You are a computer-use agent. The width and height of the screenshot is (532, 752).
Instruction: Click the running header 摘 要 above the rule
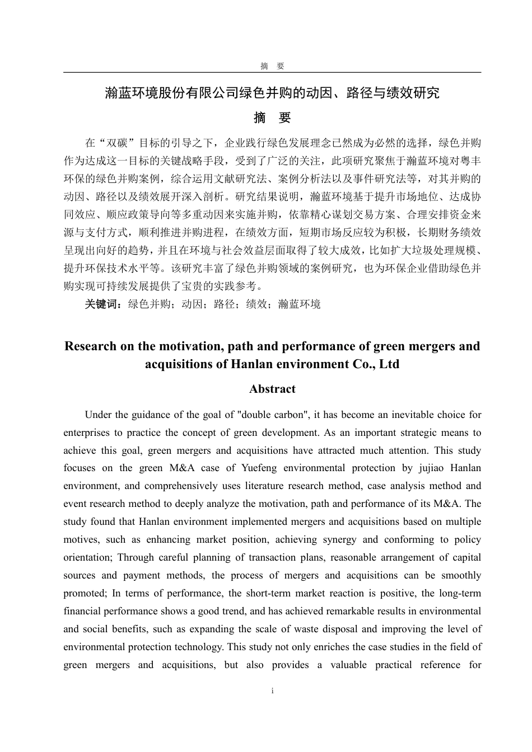(x=272, y=66)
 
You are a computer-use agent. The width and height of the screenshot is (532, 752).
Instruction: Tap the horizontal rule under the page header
(x=272, y=72)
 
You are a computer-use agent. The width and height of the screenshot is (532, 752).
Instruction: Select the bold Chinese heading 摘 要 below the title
(x=272, y=118)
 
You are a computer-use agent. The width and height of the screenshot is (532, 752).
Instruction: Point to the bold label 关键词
(x=103, y=304)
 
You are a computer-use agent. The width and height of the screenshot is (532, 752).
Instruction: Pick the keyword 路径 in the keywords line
(x=225, y=304)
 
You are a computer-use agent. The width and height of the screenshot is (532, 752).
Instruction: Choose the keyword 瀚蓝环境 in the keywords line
(x=300, y=304)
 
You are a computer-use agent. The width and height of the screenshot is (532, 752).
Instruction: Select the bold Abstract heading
(x=272, y=389)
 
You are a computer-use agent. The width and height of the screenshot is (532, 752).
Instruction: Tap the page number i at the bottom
(x=272, y=691)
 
